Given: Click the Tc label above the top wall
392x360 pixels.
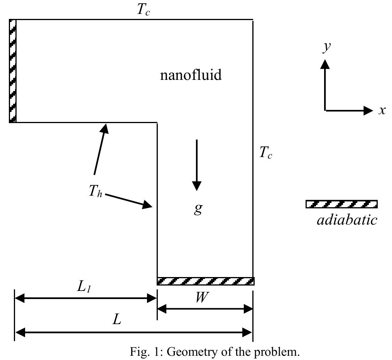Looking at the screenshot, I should point(143,10).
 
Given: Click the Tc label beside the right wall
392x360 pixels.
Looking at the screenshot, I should point(265,153).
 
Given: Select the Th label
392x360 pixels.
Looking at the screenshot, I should point(95,191).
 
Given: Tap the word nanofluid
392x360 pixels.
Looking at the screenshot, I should point(191,75).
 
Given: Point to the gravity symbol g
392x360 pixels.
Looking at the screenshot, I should point(198,208).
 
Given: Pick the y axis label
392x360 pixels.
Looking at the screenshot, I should point(326,47).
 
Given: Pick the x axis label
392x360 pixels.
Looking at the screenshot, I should point(382,110).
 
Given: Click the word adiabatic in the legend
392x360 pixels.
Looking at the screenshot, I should point(346,220).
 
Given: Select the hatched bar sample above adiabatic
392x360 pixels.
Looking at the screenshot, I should point(341,204).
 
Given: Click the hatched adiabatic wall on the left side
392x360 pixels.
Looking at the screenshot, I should point(13,71).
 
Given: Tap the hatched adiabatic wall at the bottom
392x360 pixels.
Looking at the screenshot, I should point(205,281).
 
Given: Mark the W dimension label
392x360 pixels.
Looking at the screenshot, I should point(201,297).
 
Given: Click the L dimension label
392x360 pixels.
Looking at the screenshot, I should point(116,319).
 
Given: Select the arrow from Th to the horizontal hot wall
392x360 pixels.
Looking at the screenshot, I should point(100,148).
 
